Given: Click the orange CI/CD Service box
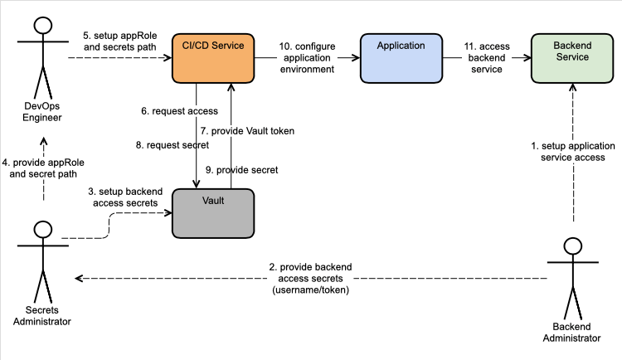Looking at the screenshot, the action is (x=213, y=58).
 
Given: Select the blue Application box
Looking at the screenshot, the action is (x=401, y=58).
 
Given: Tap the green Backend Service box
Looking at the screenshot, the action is (x=572, y=58).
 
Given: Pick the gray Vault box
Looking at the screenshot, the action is (x=213, y=213).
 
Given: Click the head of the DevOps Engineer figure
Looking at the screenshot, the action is (x=43, y=26).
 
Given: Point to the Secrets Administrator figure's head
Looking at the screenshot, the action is (x=43, y=230).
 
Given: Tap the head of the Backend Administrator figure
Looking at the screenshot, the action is (x=573, y=246).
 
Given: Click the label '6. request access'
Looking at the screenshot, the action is (x=179, y=111).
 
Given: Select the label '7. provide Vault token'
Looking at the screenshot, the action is (x=247, y=131).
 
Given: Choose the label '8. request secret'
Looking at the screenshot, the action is (x=173, y=145).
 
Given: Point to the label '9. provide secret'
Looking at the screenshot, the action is (x=241, y=170).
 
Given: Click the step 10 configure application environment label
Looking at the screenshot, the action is (x=307, y=58).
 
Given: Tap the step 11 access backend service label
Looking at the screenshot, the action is (x=487, y=58).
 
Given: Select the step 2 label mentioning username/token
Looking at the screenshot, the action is (x=311, y=279).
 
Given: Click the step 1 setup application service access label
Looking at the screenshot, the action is (x=573, y=152).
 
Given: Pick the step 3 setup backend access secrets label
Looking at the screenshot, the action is (x=125, y=197).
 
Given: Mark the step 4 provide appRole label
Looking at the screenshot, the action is (x=43, y=168).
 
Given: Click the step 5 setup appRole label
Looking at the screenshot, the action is (x=119, y=41).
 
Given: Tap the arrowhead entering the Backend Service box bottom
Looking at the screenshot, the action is (x=572, y=87).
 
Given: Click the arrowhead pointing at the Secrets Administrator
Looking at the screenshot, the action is (x=79, y=278).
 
